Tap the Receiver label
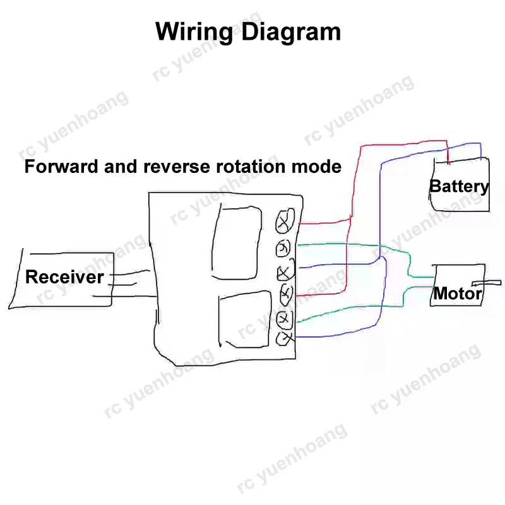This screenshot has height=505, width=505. pyautogui.click(x=64, y=277)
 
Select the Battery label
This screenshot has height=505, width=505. pyautogui.click(x=459, y=186)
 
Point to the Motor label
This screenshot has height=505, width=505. pyautogui.click(x=458, y=294)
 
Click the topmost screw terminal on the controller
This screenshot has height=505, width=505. pyautogui.click(x=285, y=220)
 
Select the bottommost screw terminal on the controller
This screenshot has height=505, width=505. pyautogui.click(x=285, y=339)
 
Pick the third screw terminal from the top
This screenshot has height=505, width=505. pyautogui.click(x=285, y=273)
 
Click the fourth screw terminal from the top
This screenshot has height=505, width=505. pyautogui.click(x=285, y=293)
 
